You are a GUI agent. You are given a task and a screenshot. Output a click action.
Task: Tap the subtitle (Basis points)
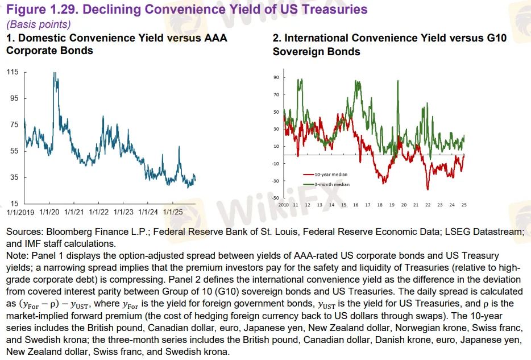tap(38, 24)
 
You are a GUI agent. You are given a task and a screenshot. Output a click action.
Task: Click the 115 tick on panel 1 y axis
tap(13, 72)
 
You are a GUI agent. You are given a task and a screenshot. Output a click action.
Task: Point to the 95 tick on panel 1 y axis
tap(14, 98)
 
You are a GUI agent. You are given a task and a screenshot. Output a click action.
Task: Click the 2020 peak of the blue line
tap(55, 73)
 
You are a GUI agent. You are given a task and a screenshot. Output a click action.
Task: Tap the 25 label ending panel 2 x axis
tap(464, 205)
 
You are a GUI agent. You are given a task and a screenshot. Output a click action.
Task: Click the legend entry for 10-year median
tap(331, 175)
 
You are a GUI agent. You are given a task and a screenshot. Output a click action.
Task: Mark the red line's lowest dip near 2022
tap(428, 189)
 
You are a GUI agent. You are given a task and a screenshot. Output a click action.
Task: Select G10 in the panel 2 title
tap(490, 38)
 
